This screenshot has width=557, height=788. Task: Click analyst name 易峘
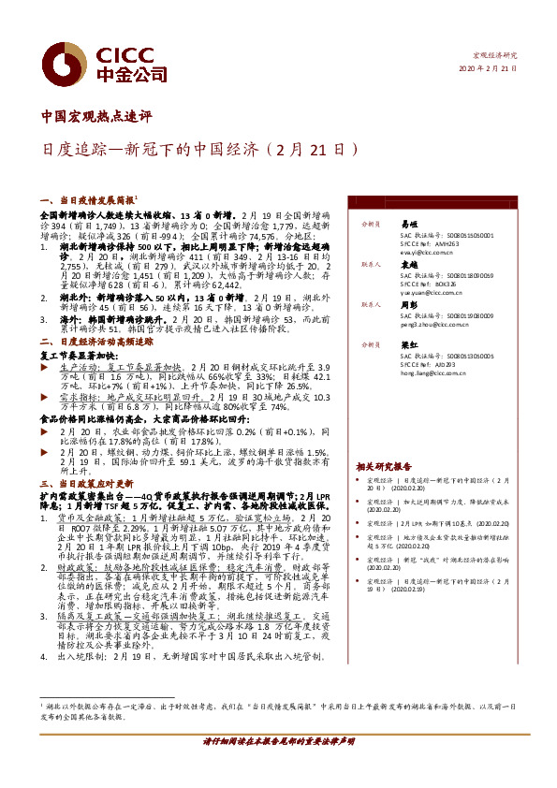[x=409, y=225]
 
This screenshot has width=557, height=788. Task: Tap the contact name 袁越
[x=409, y=265]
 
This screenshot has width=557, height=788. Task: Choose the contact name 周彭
[x=409, y=304]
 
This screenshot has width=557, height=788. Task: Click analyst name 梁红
[x=409, y=344]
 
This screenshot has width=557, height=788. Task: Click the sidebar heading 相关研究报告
[x=383, y=465]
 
